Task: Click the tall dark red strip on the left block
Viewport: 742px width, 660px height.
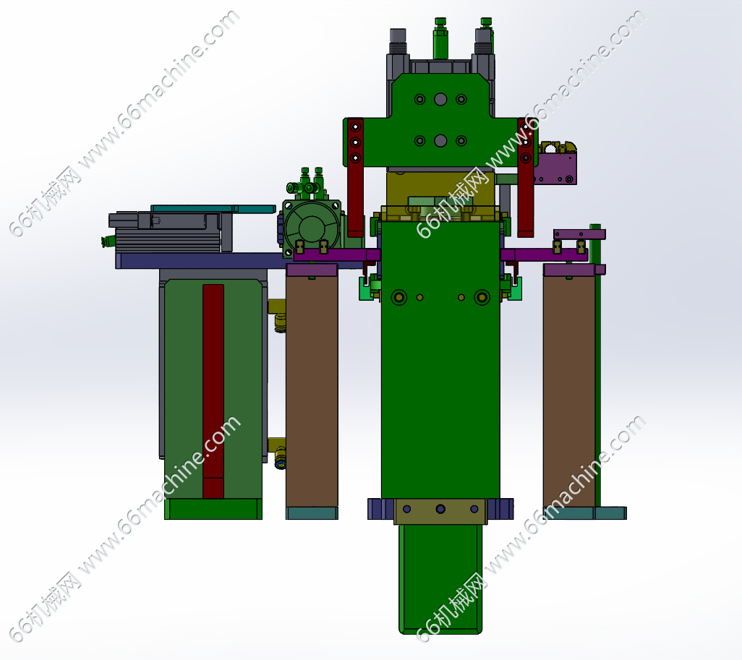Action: [213, 391]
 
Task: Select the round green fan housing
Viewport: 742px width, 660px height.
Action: [312, 228]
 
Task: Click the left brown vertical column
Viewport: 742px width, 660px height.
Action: [312, 391]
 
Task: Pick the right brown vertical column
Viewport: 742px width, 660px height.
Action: [569, 391]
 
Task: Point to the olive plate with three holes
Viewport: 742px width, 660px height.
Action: [440, 511]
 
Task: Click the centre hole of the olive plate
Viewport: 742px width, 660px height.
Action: [440, 509]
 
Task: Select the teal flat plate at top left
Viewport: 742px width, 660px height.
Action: [213, 209]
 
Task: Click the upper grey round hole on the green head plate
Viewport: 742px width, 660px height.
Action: [440, 99]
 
